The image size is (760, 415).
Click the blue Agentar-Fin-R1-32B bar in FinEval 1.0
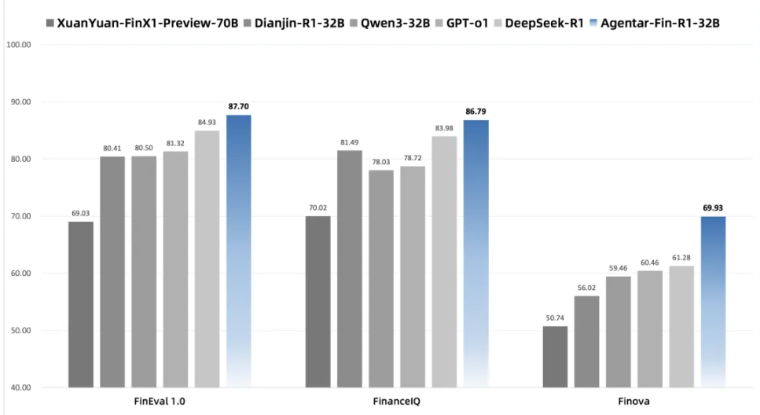238,252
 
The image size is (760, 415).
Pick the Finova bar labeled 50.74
555,357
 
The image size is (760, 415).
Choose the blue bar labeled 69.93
713,302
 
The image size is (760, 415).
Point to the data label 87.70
239,106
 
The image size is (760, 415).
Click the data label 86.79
475,112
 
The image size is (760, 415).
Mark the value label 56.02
586,288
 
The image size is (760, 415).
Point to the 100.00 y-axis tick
18,45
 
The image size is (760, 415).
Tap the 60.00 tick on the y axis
18,274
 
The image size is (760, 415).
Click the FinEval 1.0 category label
160,401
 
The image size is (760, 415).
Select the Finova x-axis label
634,401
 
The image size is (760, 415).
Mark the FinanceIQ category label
397,401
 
